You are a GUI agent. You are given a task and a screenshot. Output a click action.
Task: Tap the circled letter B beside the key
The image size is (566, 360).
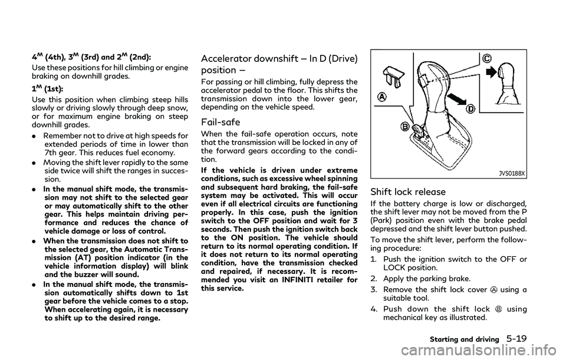406,127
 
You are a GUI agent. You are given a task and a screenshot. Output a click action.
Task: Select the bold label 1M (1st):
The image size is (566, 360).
40,84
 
